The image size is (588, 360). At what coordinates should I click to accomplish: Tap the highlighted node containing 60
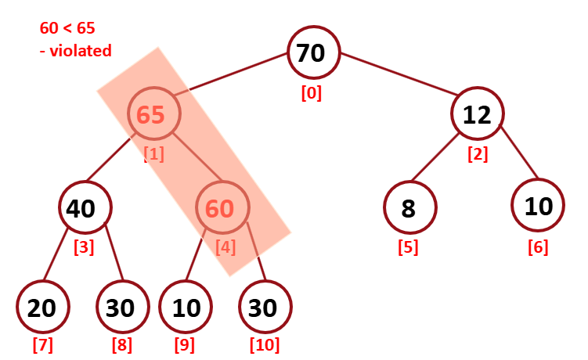tap(221, 207)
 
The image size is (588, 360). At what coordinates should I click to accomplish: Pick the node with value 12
tap(477, 115)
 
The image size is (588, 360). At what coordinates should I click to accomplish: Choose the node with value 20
tap(41, 308)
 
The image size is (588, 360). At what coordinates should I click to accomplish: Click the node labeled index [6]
tap(538, 206)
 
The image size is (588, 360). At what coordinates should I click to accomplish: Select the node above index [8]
tap(121, 308)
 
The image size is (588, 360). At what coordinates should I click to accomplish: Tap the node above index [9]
tap(186, 308)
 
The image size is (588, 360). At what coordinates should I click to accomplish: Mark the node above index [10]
tap(265, 308)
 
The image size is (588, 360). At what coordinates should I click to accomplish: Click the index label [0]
tap(312, 92)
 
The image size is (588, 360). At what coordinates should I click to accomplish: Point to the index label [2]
tap(478, 153)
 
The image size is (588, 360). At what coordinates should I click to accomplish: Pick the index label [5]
tap(407, 247)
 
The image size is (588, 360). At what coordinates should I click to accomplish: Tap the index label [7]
tap(42, 344)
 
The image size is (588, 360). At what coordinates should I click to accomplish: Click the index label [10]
tap(264, 344)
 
